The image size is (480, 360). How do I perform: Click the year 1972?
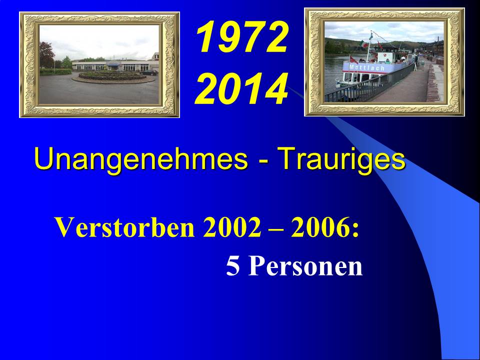click(242, 37)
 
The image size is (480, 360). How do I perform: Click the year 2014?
click(241, 89)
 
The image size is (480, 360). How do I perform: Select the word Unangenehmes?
click(141, 158)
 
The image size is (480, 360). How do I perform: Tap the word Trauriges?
click(343, 158)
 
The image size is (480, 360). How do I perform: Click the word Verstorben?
click(125, 227)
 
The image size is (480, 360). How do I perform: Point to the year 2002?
click(232, 227)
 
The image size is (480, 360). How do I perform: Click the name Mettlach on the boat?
click(366, 67)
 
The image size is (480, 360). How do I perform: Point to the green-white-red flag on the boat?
click(364, 44)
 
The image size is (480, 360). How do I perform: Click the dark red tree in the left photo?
click(46, 54)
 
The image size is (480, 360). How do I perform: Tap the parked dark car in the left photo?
click(150, 72)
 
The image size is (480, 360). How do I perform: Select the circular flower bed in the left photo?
click(113, 76)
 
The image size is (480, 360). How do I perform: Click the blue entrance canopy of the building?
click(113, 64)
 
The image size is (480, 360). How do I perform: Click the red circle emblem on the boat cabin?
click(386, 56)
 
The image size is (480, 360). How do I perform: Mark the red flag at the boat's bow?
click(353, 59)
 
